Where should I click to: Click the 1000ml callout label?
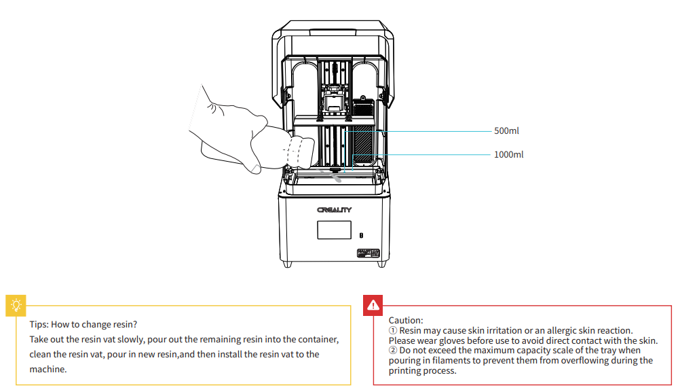(x=508, y=154)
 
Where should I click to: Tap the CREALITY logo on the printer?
(x=334, y=210)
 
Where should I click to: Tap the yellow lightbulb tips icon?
(x=15, y=306)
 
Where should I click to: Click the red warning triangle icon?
(x=373, y=306)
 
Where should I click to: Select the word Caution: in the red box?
(x=406, y=320)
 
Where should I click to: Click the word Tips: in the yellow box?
(x=39, y=324)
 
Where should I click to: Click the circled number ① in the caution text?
(x=393, y=330)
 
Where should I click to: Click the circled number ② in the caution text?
(x=393, y=351)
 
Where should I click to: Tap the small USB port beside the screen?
(x=361, y=234)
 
